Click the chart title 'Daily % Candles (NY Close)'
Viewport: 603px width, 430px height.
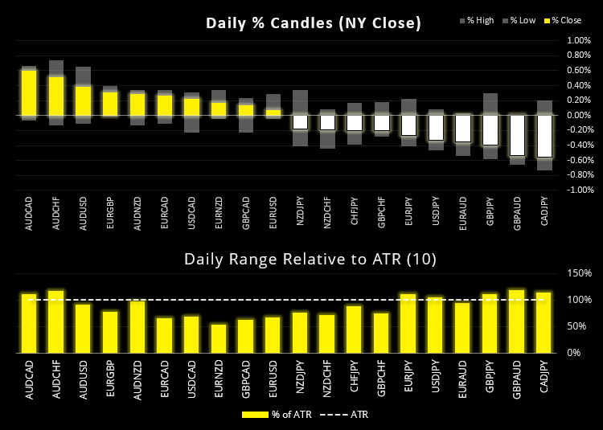click(x=313, y=23)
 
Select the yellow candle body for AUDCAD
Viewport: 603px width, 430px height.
click(x=29, y=92)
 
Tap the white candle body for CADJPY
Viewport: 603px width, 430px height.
click(x=544, y=136)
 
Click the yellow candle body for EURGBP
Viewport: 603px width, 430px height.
click(x=110, y=104)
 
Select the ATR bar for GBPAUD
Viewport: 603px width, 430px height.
click(x=517, y=321)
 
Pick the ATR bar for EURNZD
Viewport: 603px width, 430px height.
click(x=219, y=338)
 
